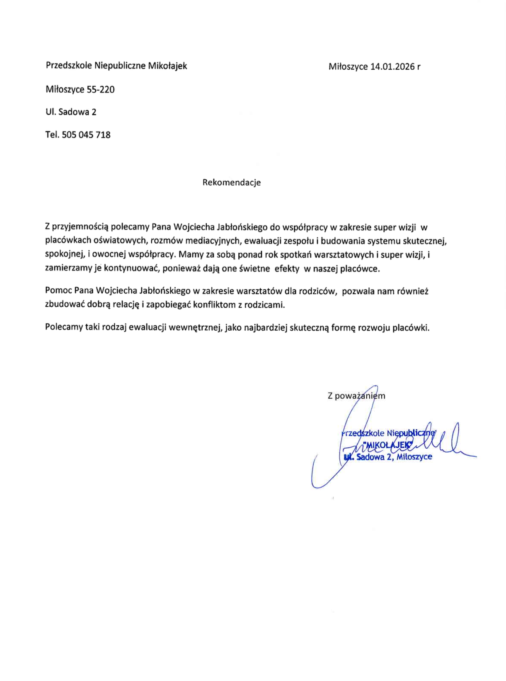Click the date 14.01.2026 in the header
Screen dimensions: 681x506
point(393,67)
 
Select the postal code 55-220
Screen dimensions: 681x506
point(101,90)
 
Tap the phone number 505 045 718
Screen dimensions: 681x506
point(86,135)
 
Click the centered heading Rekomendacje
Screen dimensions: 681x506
point(232,182)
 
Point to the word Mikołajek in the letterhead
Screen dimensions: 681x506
point(167,66)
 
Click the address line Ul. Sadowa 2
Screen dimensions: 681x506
point(71,112)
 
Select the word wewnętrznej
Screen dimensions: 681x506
point(195,328)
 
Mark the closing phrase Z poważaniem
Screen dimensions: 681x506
point(356,396)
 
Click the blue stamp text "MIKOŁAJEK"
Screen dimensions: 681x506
point(388,445)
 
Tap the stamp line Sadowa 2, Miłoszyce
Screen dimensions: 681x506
point(394,457)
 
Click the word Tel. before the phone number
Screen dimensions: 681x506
point(53,135)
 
